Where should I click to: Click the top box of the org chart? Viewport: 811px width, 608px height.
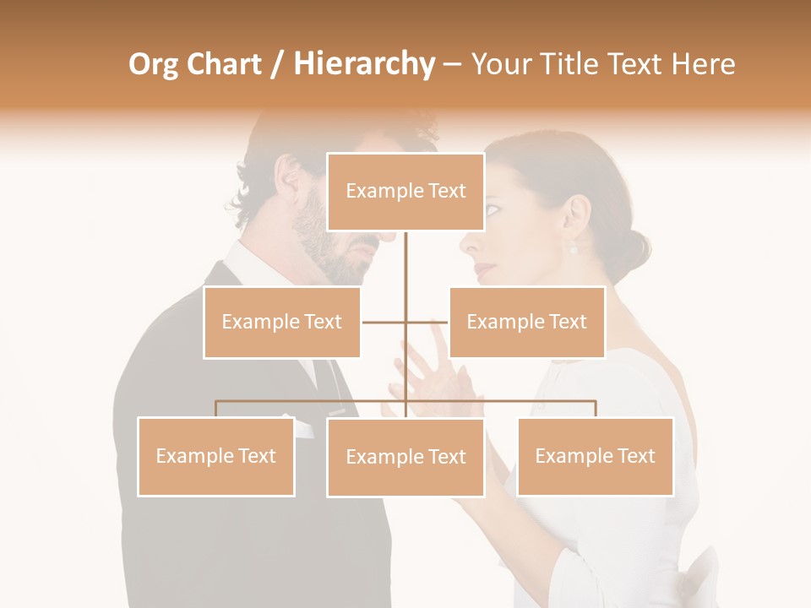(x=405, y=192)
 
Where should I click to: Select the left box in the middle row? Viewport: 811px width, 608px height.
(x=281, y=322)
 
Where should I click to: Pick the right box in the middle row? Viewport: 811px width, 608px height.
(x=526, y=322)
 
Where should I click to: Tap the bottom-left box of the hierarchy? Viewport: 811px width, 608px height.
(x=215, y=456)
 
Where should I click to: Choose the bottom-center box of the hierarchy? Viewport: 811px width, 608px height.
(x=405, y=457)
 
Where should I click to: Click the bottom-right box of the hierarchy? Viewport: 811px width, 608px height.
(x=595, y=456)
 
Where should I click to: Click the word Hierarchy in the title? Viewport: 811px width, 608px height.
(x=364, y=64)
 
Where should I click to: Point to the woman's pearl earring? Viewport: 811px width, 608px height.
(x=574, y=248)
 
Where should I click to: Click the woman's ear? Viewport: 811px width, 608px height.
(x=578, y=221)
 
